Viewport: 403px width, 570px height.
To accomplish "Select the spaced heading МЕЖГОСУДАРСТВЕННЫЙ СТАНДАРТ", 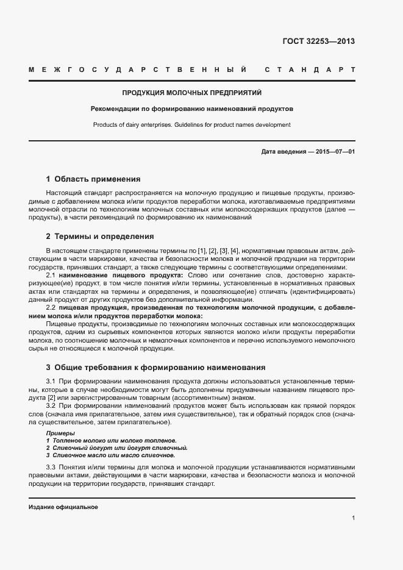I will point(191,70).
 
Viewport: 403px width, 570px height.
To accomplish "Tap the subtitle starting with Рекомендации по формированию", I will point(191,109).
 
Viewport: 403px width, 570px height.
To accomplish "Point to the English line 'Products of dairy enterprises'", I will point(191,125).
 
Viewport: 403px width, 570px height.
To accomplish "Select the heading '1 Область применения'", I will point(93,179).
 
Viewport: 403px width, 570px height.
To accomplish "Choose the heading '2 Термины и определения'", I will point(99,236).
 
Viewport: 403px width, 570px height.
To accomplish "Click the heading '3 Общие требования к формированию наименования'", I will point(155,368).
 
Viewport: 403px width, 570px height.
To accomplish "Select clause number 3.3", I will point(51,467).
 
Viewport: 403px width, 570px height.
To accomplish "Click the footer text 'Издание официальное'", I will point(63,507).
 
